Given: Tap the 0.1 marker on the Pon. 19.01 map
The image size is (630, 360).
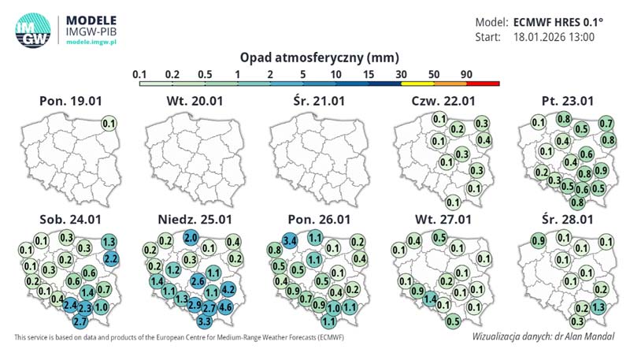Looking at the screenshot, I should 109,124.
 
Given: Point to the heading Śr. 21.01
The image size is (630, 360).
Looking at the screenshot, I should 318,102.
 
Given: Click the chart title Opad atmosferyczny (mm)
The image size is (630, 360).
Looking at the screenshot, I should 318,58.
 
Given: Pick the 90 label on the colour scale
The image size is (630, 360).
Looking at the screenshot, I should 465,73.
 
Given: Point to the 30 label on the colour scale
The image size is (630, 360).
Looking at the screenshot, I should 402,73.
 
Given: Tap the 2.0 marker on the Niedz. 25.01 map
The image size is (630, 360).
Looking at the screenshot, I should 191,237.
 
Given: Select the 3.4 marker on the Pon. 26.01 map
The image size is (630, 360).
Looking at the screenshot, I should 289,239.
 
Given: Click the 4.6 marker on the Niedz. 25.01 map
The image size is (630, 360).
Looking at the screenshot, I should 225,306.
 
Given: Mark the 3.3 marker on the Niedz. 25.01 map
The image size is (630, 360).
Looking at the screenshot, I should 205,321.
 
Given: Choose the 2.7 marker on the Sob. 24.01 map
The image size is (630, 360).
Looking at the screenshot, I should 80,321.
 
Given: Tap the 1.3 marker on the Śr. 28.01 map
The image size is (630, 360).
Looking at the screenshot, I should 598,307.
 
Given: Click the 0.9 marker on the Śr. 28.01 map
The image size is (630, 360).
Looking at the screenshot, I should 539,240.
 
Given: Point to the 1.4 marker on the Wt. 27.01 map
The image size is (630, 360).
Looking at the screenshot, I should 430,299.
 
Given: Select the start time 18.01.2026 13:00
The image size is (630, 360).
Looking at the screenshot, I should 553,37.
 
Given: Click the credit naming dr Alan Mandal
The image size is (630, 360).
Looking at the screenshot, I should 543,336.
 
